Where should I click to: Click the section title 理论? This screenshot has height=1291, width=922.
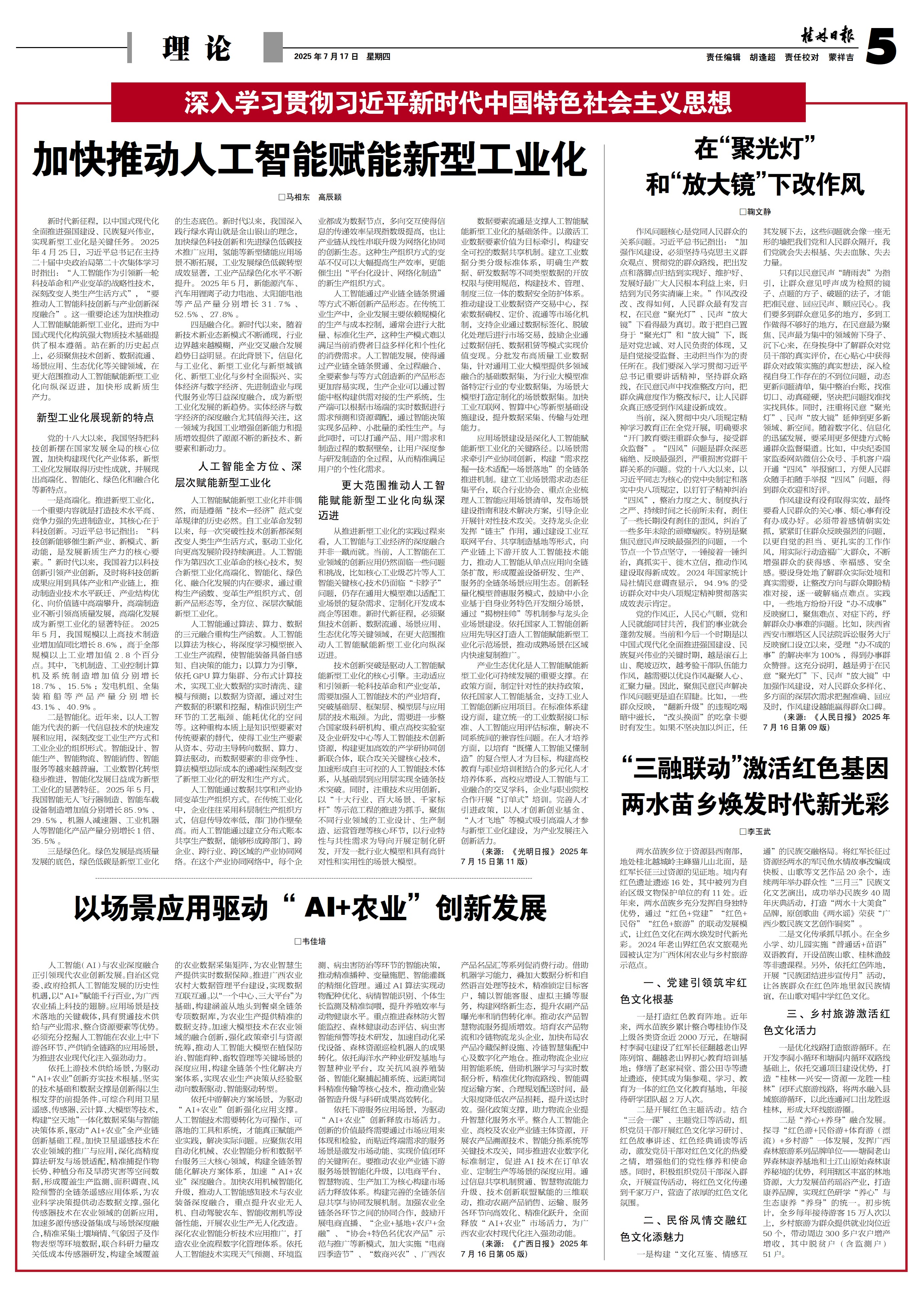(x=197, y=48)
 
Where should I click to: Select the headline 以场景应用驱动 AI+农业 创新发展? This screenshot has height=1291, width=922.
(x=310, y=909)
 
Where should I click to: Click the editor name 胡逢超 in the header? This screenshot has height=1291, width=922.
(x=762, y=57)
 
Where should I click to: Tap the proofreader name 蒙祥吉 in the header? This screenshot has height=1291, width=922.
(x=841, y=57)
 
